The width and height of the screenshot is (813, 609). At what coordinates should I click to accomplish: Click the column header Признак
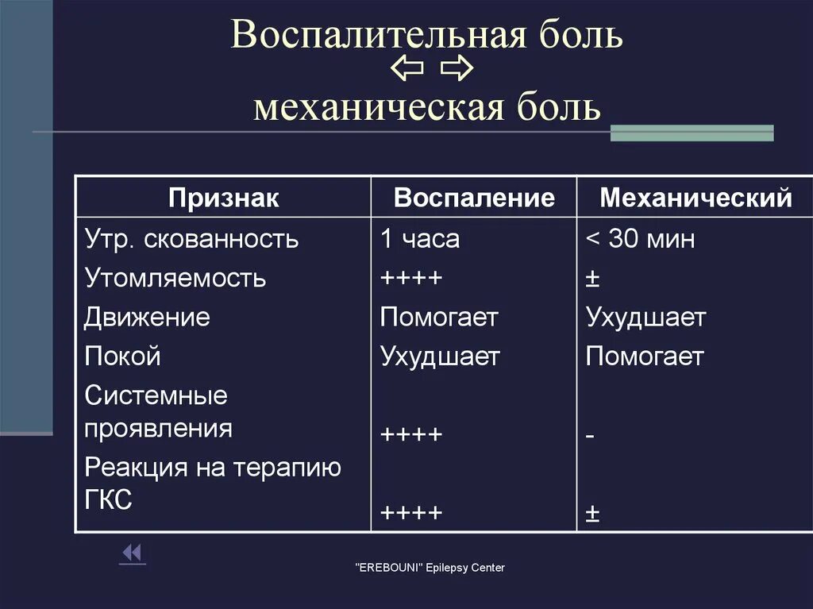tap(223, 198)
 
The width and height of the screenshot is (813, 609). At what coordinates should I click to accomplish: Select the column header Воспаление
tap(474, 198)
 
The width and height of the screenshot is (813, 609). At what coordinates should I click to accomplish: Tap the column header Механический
tap(695, 198)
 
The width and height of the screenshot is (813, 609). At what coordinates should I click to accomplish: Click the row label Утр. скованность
tap(191, 239)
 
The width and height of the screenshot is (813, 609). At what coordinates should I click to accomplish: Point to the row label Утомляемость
tap(175, 279)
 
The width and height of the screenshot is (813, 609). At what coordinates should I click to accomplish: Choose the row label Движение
tap(147, 318)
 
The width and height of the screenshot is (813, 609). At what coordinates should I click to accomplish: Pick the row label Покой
tap(122, 357)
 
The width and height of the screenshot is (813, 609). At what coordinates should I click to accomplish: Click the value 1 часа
tap(419, 239)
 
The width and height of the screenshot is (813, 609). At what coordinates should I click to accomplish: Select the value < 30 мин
tap(640, 239)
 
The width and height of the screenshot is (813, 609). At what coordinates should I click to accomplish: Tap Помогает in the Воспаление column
tap(439, 318)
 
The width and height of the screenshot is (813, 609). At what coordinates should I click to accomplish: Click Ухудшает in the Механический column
tap(645, 318)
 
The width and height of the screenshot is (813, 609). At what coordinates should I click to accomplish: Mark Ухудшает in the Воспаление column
tap(440, 357)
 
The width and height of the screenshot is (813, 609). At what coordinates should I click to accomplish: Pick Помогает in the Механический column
tap(645, 357)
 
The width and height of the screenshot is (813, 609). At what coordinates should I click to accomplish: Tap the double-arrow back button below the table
tap(132, 553)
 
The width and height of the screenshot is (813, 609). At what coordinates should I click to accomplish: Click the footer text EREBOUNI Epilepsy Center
tap(429, 568)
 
